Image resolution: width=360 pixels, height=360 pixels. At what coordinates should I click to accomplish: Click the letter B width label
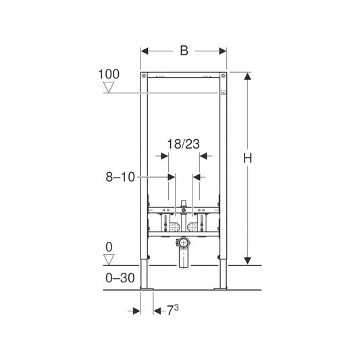[x=184, y=51]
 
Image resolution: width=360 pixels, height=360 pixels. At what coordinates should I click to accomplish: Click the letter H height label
[x=247, y=158]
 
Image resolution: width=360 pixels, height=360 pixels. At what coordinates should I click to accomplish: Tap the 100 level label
[x=109, y=74]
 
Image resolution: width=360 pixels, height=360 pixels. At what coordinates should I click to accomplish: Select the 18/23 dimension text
[x=183, y=144]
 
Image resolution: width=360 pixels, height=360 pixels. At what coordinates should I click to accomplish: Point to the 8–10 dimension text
[x=120, y=177]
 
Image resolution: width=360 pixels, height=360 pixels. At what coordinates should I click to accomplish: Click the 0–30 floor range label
[x=120, y=278]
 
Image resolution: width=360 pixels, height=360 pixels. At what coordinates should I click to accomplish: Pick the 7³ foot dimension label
[x=172, y=310]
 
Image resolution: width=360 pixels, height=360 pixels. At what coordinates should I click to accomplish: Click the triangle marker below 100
[x=108, y=88]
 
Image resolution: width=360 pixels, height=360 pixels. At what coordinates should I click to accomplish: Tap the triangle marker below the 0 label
[x=109, y=259]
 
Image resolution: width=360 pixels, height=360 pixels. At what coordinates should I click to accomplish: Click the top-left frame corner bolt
[x=144, y=75]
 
